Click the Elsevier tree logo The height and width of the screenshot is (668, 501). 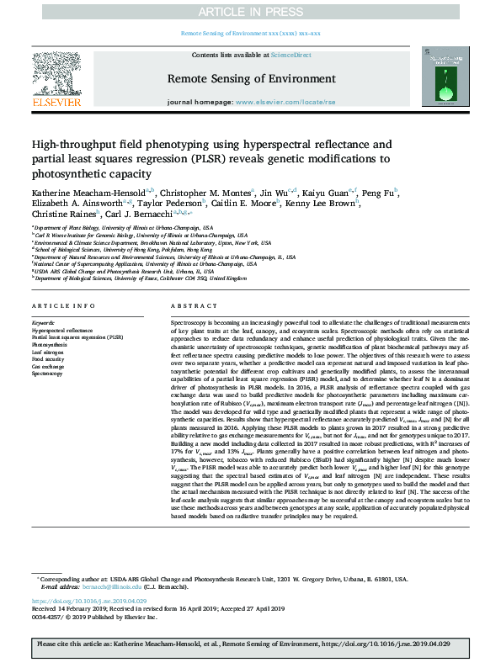(57, 77)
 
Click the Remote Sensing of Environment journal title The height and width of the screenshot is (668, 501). (250, 79)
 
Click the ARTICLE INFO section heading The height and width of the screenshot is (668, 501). (63, 305)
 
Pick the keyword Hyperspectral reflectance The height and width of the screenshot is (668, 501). (63, 330)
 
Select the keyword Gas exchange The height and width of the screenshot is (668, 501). (48, 364)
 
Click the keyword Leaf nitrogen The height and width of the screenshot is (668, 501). (49, 351)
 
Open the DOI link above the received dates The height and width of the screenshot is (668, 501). (89, 602)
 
